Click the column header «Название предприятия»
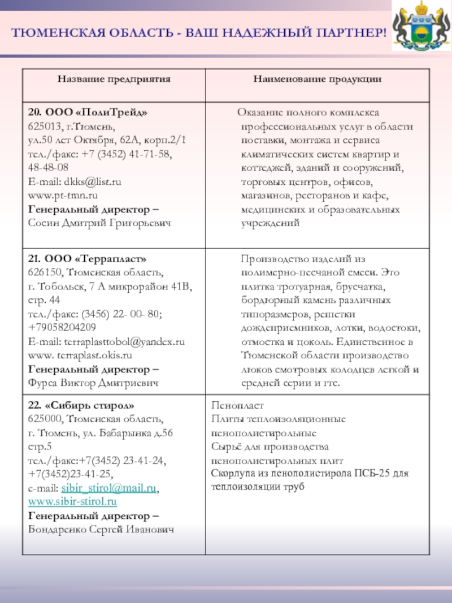(x=114, y=79)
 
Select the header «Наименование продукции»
(x=316, y=79)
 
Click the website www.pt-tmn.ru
(x=63, y=196)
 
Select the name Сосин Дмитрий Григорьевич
(x=99, y=223)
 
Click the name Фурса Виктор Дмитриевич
(x=93, y=383)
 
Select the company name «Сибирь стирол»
(x=87, y=406)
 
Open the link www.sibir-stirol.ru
(x=72, y=502)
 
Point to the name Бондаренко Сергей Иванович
(x=101, y=530)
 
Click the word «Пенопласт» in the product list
(x=237, y=406)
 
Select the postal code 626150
(x=42, y=273)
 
